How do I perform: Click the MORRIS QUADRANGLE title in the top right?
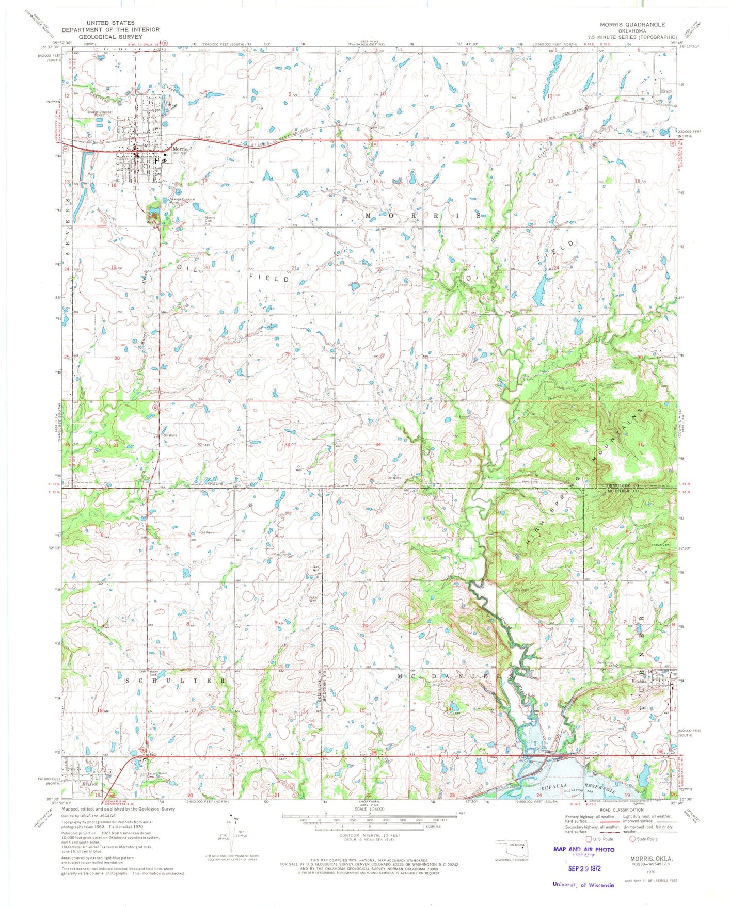625,24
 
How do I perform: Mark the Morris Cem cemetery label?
211,219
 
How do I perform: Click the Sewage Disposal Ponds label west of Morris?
99,112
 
